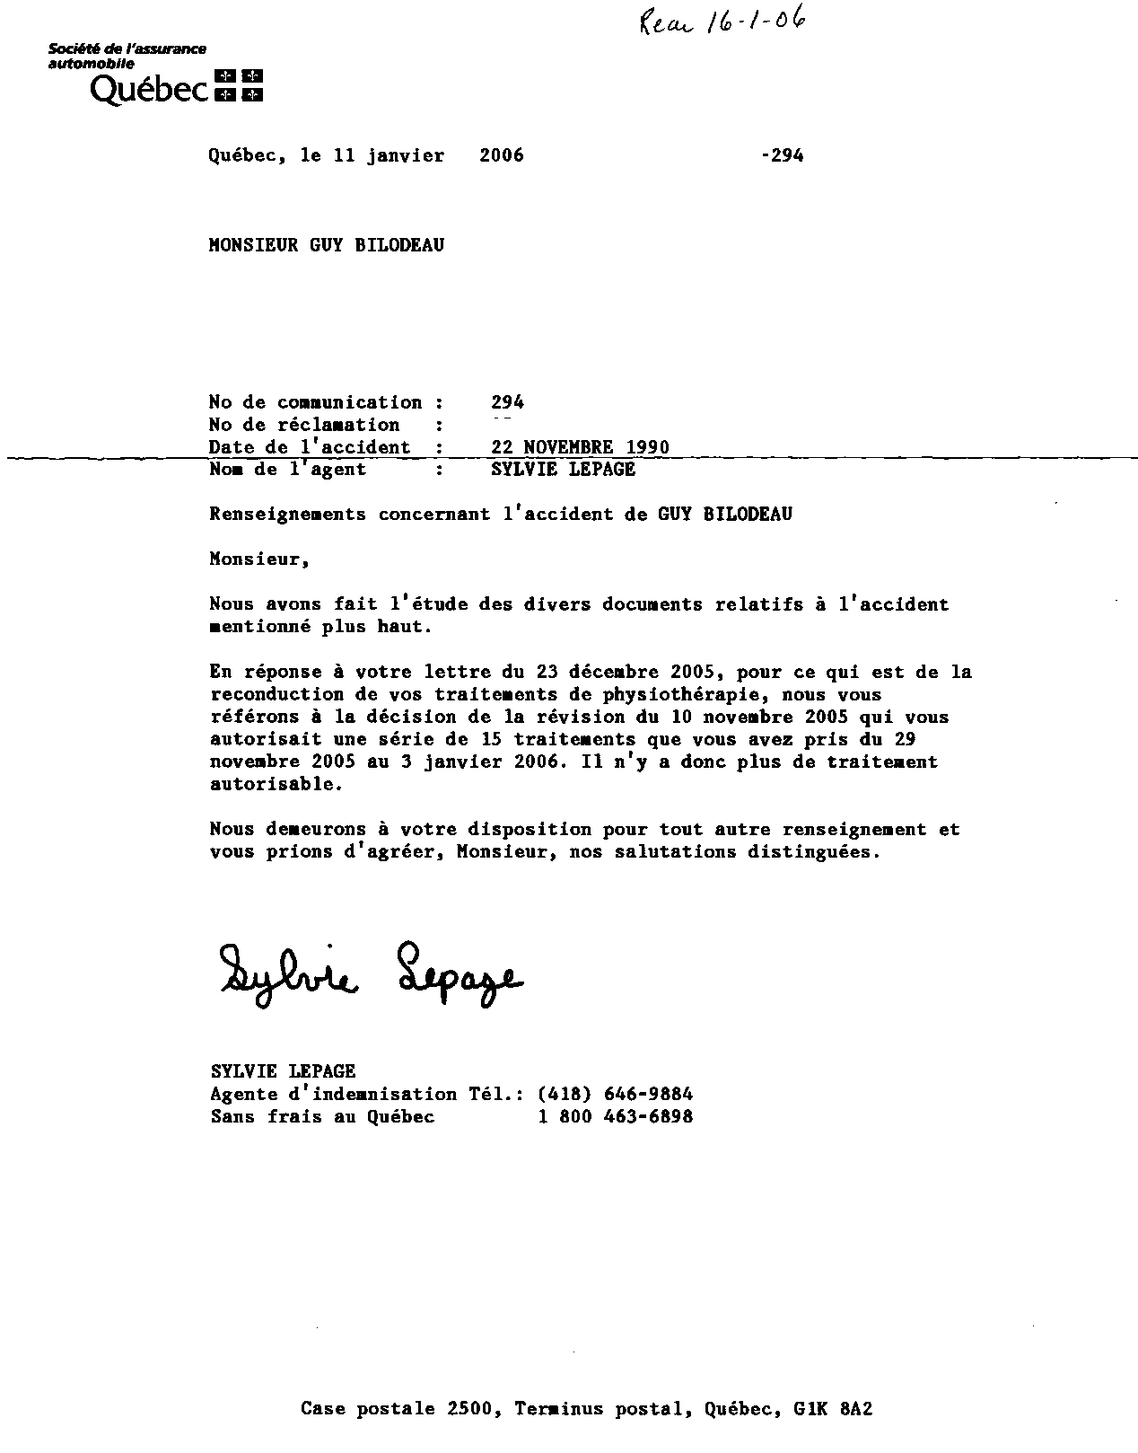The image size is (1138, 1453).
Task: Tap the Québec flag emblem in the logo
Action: (239, 85)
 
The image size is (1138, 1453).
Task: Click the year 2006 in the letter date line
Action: (502, 155)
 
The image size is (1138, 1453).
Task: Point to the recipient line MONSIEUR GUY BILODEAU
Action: (327, 245)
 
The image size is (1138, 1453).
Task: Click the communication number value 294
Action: (508, 402)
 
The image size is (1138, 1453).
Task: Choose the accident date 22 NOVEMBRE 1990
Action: (580, 447)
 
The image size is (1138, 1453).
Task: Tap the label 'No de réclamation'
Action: (304, 425)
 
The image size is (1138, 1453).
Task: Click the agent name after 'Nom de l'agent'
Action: (564, 470)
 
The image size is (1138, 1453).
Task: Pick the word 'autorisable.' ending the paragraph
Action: (276, 784)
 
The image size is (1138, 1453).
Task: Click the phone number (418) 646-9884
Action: (615, 1094)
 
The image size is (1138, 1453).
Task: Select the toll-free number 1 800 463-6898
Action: (615, 1116)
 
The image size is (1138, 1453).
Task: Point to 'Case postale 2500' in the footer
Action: (398, 1409)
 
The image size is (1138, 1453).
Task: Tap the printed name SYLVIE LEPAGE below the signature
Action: (284, 1071)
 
